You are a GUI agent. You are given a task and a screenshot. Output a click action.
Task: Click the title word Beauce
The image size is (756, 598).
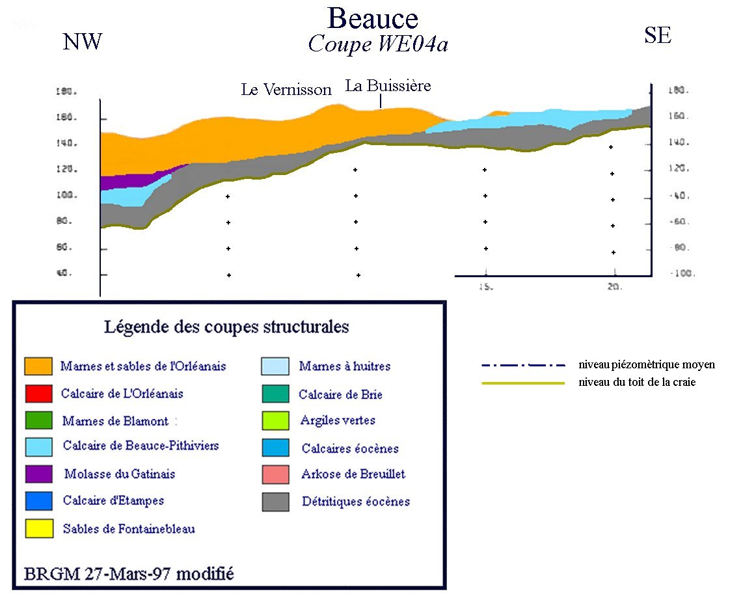[373, 18]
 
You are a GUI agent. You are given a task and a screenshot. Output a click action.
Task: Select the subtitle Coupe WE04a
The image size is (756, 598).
[378, 45]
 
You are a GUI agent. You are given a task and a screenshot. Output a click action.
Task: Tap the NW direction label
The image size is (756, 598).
[83, 42]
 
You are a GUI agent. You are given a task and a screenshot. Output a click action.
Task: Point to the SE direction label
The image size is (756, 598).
[657, 36]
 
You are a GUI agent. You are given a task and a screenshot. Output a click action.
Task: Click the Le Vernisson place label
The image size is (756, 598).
[286, 90]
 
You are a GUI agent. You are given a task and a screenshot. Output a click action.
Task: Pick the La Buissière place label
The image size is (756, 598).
[388, 86]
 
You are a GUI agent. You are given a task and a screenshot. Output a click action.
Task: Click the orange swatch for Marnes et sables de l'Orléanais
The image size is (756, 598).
[38, 366]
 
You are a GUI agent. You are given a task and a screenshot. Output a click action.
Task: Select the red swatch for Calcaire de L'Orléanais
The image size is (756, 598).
[38, 394]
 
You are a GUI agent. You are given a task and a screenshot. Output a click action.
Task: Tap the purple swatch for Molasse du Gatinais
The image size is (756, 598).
[38, 474]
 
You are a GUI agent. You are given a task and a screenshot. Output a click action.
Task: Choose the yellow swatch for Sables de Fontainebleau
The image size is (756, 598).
[38, 528]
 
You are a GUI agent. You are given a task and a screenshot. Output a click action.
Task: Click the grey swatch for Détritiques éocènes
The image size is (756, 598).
[276, 502]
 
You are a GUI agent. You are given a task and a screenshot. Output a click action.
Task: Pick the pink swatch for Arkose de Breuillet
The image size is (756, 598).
[276, 474]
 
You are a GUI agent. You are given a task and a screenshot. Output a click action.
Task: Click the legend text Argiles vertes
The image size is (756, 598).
[338, 421]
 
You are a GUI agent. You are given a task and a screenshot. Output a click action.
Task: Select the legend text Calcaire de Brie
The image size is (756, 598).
[340, 394]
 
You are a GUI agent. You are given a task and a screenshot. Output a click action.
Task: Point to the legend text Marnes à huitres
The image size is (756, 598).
[345, 366]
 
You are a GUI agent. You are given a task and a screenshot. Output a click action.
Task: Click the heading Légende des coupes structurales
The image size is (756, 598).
[226, 327]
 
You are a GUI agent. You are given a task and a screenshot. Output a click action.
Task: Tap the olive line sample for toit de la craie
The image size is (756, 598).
[523, 383]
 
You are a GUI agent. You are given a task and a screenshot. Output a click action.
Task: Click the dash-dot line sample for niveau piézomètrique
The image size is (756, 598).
[523, 365]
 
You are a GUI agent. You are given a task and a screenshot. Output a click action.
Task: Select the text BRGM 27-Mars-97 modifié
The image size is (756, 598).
[129, 575]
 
